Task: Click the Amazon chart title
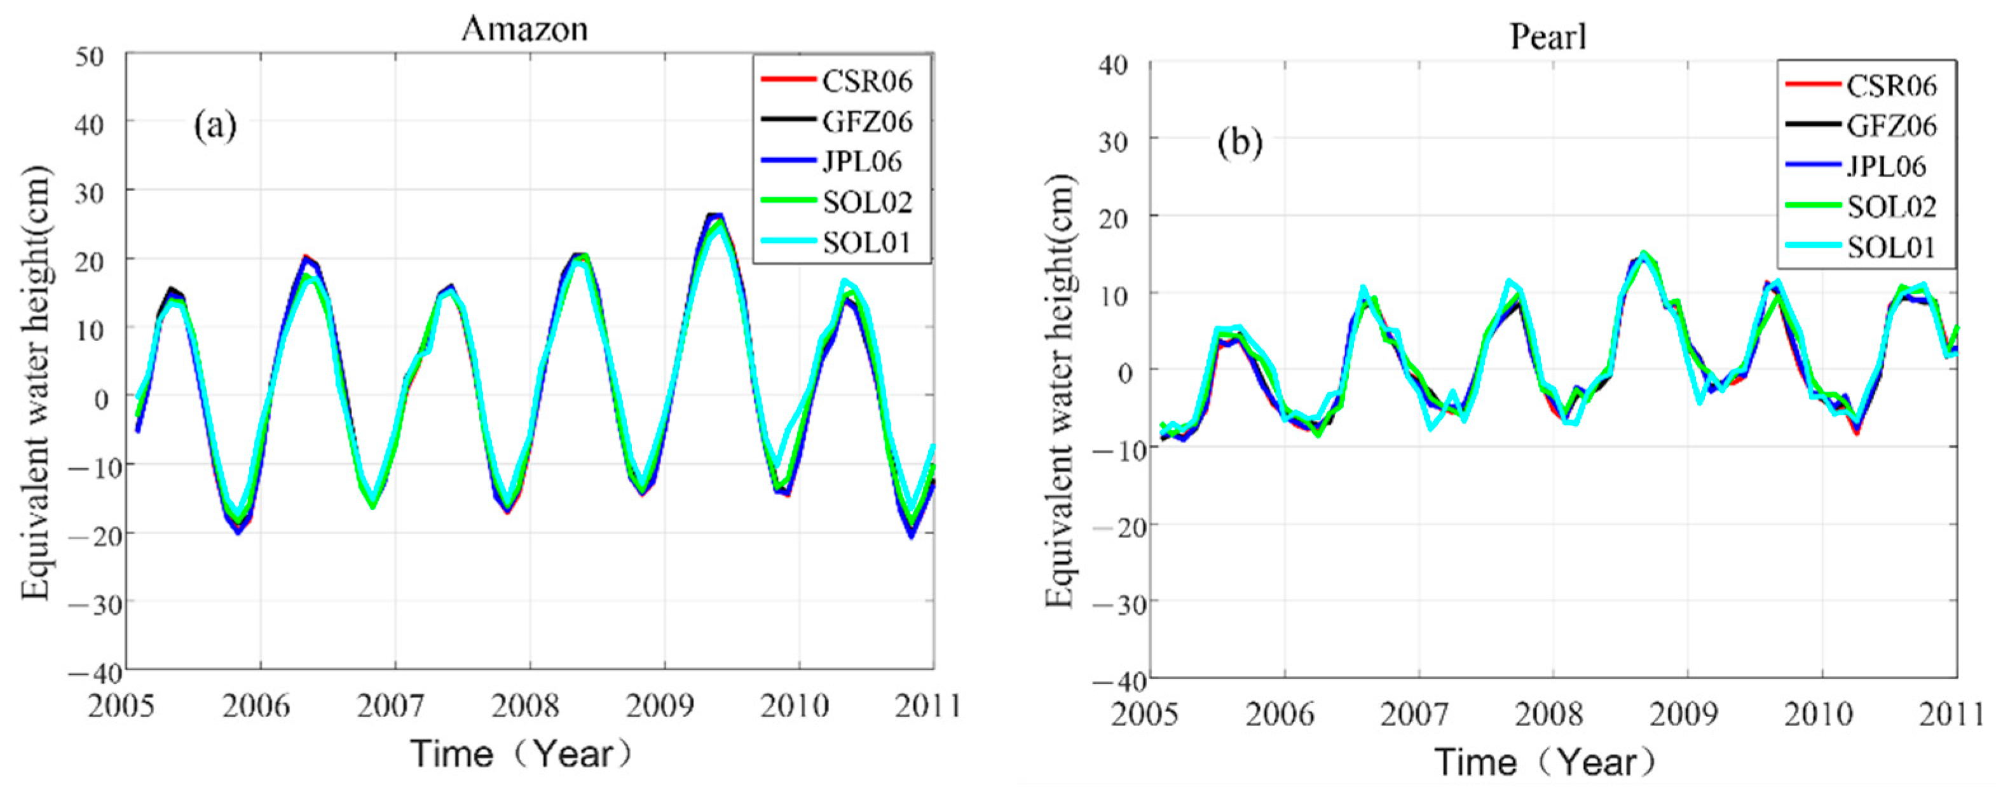(524, 29)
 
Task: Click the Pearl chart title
(1548, 36)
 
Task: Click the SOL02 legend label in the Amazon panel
(867, 202)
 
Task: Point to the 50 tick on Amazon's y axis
(91, 57)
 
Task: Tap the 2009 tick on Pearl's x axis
(1683, 713)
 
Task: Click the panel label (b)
(1240, 142)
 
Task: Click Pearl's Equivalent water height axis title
(1060, 391)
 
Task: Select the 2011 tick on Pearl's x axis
(1953, 713)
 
